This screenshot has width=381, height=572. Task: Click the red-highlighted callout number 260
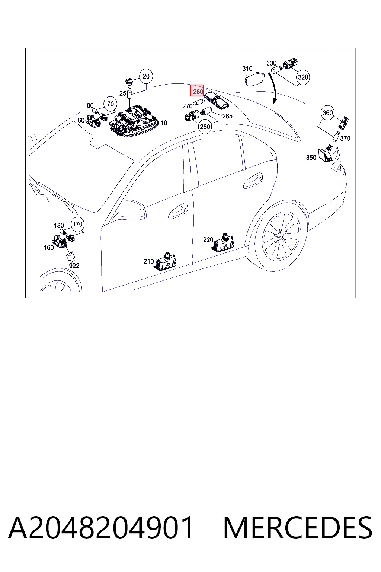click(x=196, y=90)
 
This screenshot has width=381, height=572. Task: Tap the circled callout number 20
click(x=146, y=76)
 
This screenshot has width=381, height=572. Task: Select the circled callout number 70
click(x=110, y=104)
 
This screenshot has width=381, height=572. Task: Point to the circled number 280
click(x=205, y=127)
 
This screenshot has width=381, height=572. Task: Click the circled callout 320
click(x=303, y=77)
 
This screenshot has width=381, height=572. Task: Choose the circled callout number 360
click(x=328, y=112)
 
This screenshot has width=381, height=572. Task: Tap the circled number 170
click(x=78, y=224)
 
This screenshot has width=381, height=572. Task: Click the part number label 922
click(x=74, y=266)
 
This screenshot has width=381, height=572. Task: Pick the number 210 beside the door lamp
click(x=149, y=261)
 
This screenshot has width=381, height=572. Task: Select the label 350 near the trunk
click(x=311, y=158)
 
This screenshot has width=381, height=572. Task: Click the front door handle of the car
click(x=178, y=211)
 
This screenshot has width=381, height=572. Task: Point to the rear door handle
click(x=253, y=181)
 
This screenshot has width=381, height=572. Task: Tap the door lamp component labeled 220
click(x=223, y=242)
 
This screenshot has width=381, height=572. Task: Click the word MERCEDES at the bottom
click(x=298, y=528)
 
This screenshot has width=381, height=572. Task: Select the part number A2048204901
click(x=100, y=528)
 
